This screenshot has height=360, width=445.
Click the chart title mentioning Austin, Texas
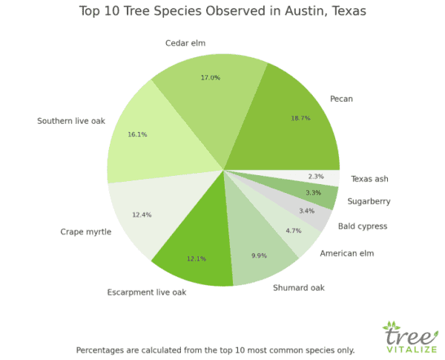tap(222, 12)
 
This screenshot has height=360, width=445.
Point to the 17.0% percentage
tap(210, 78)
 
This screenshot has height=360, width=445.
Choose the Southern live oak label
tap(72, 120)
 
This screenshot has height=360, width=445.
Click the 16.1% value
tap(138, 135)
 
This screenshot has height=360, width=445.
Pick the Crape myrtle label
tap(86, 232)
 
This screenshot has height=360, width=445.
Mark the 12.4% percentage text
tap(141, 215)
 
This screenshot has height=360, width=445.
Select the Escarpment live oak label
tap(147, 292)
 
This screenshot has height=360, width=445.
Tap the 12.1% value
tap(196, 258)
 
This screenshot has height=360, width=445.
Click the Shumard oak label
tap(299, 287)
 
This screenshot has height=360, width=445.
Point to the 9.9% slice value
tap(259, 255)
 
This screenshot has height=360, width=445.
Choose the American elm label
tap(347, 254)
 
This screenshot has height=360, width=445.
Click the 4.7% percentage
tap(294, 231)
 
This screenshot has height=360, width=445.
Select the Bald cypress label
tap(363, 226)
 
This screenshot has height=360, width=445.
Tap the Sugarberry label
tap(369, 201)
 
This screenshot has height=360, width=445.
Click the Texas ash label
tap(369, 178)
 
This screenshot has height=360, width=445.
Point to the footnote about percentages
tap(215, 350)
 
